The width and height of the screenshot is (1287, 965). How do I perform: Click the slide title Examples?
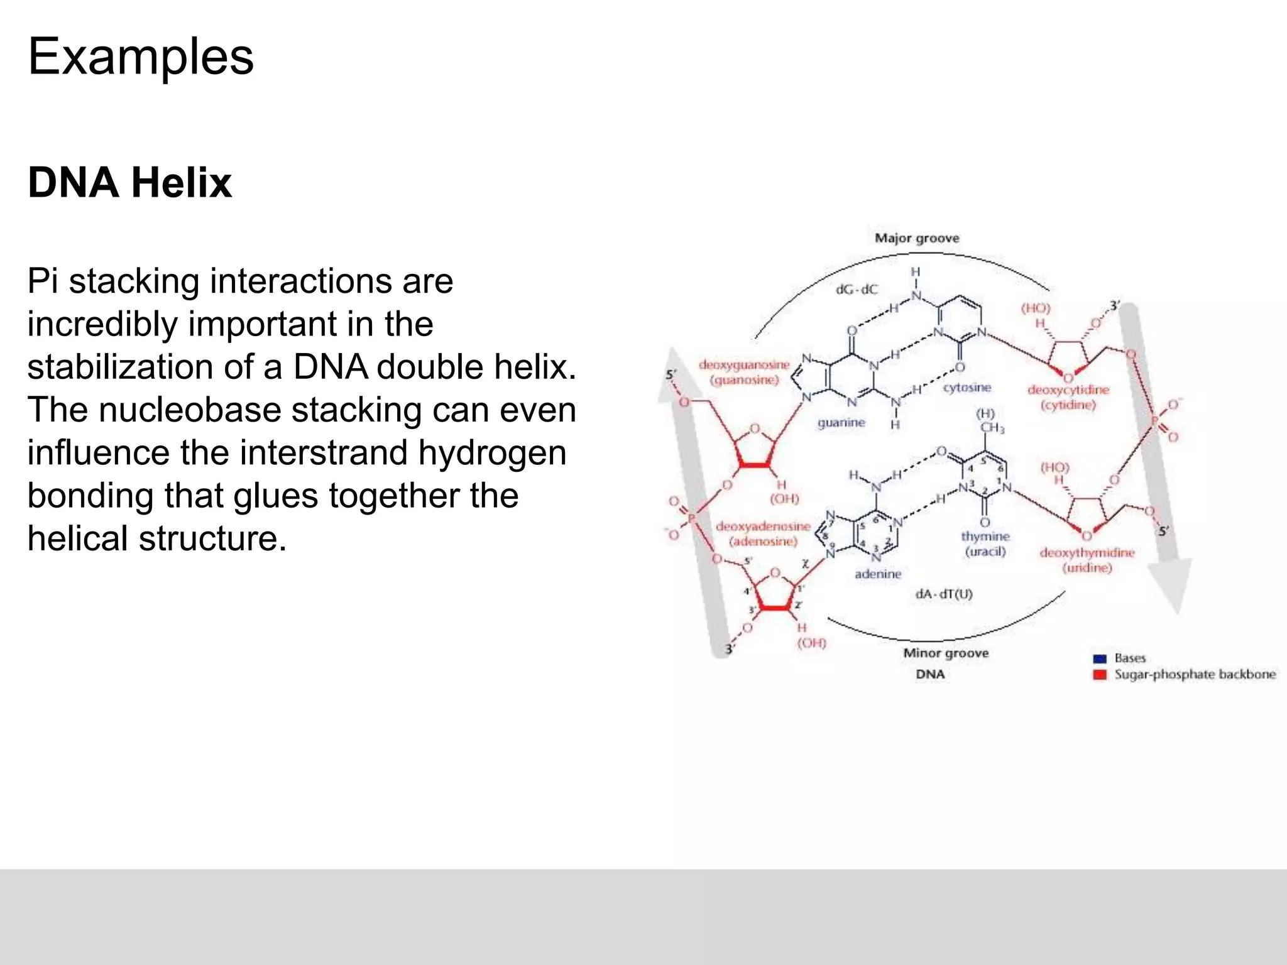[141, 57]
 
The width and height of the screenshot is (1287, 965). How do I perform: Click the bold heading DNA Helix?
[129, 183]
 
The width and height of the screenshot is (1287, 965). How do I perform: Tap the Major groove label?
[917, 238]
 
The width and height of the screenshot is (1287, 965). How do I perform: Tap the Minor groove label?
[946, 653]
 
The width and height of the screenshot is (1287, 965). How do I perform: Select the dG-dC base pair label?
[856, 290]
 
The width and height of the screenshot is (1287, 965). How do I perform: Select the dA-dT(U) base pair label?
[944, 594]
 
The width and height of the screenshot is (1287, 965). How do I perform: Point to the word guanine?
[841, 423]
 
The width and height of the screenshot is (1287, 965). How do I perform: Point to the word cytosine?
[967, 387]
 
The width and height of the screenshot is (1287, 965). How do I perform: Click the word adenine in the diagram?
[878, 574]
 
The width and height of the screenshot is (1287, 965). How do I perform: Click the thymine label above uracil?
[985, 536]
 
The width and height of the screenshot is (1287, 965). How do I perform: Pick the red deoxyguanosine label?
[744, 364]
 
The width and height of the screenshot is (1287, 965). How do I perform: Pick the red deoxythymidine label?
[1087, 552]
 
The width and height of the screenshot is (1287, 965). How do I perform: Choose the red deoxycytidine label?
[1068, 390]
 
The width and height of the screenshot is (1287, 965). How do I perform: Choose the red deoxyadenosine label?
[763, 526]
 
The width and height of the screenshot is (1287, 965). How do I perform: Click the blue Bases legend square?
[1099, 658]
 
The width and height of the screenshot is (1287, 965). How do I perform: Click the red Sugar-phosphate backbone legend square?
[1099, 675]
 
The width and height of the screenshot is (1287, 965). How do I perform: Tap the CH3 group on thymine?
[992, 428]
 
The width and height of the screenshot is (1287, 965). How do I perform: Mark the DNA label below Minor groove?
[930, 674]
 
